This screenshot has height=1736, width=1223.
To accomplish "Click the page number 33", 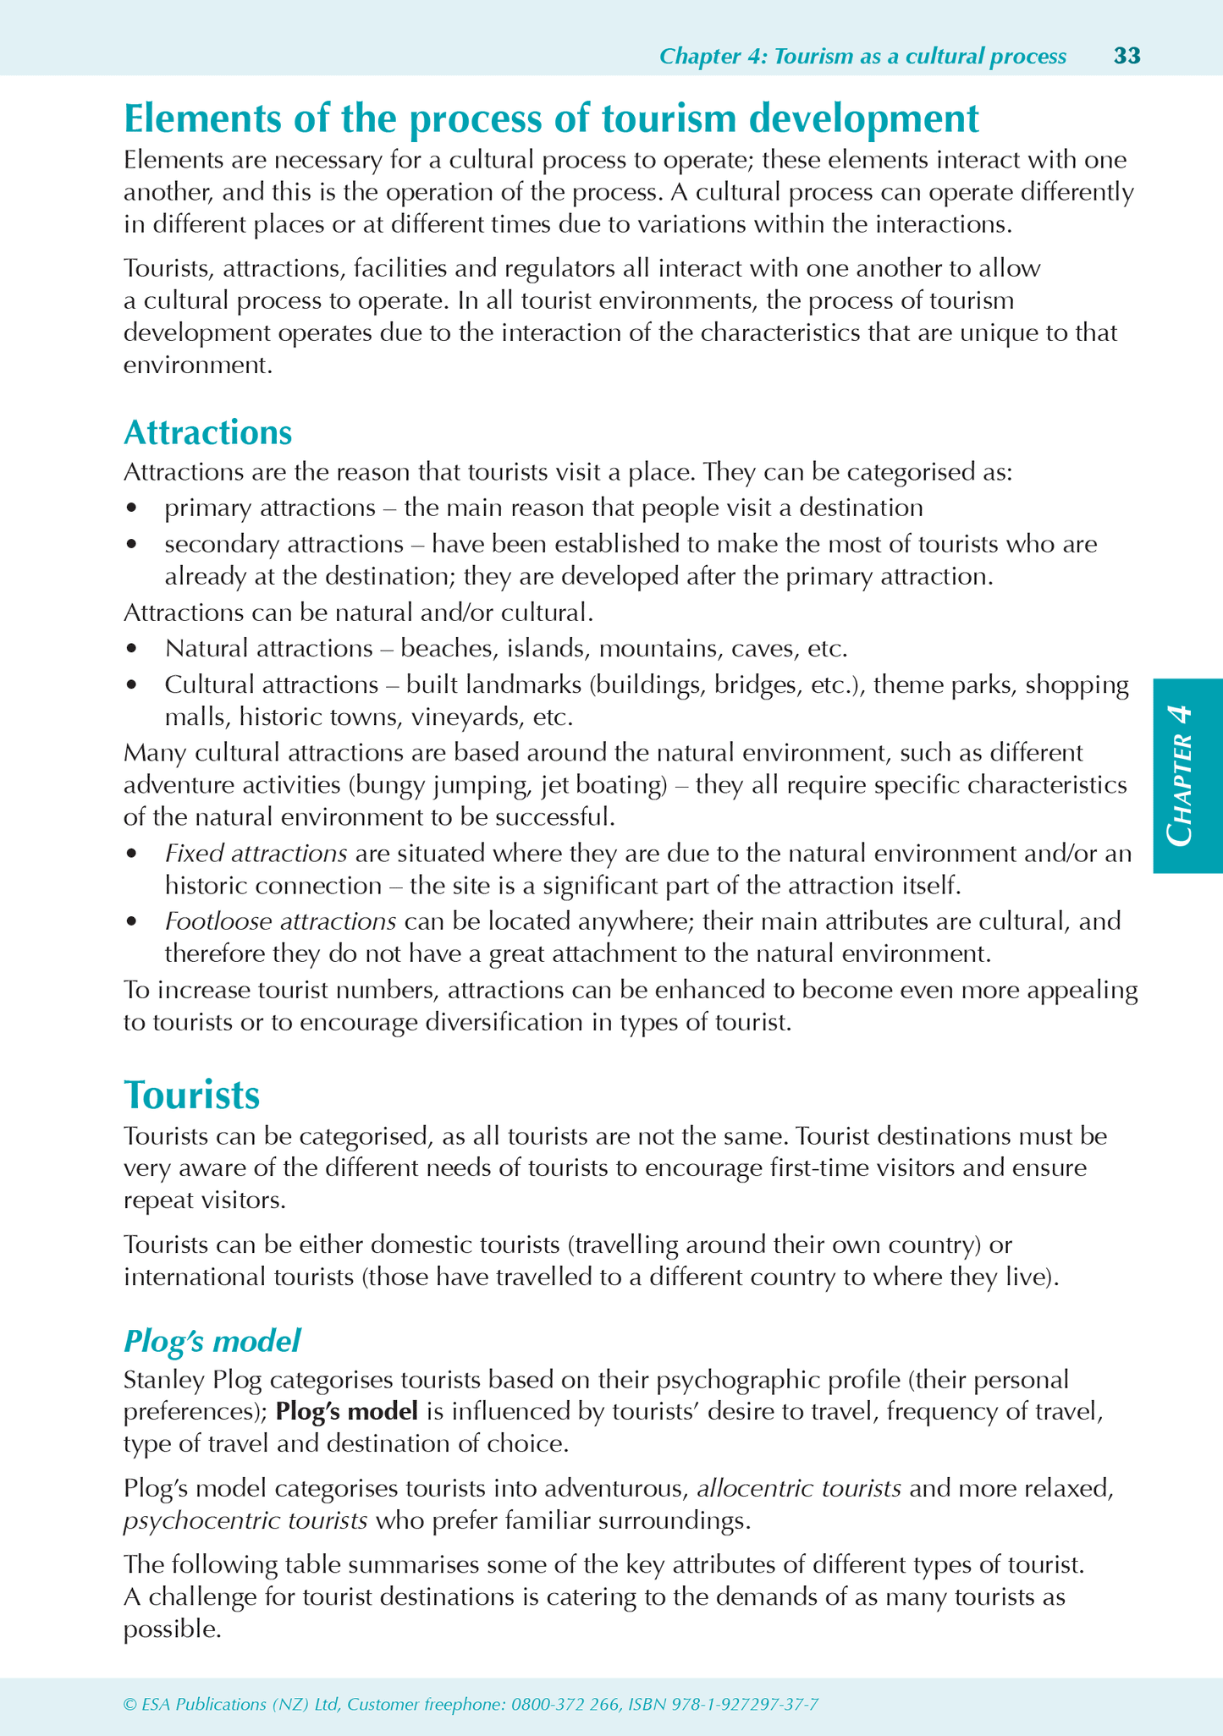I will (1127, 56).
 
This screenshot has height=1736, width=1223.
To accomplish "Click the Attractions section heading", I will (207, 432).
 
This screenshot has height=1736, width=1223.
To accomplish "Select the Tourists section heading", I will (191, 1095).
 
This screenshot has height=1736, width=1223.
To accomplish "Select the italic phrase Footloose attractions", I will (280, 920).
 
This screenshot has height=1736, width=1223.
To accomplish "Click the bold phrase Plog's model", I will (347, 1411).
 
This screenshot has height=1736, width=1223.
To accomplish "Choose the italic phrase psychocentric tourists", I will (245, 1521).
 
